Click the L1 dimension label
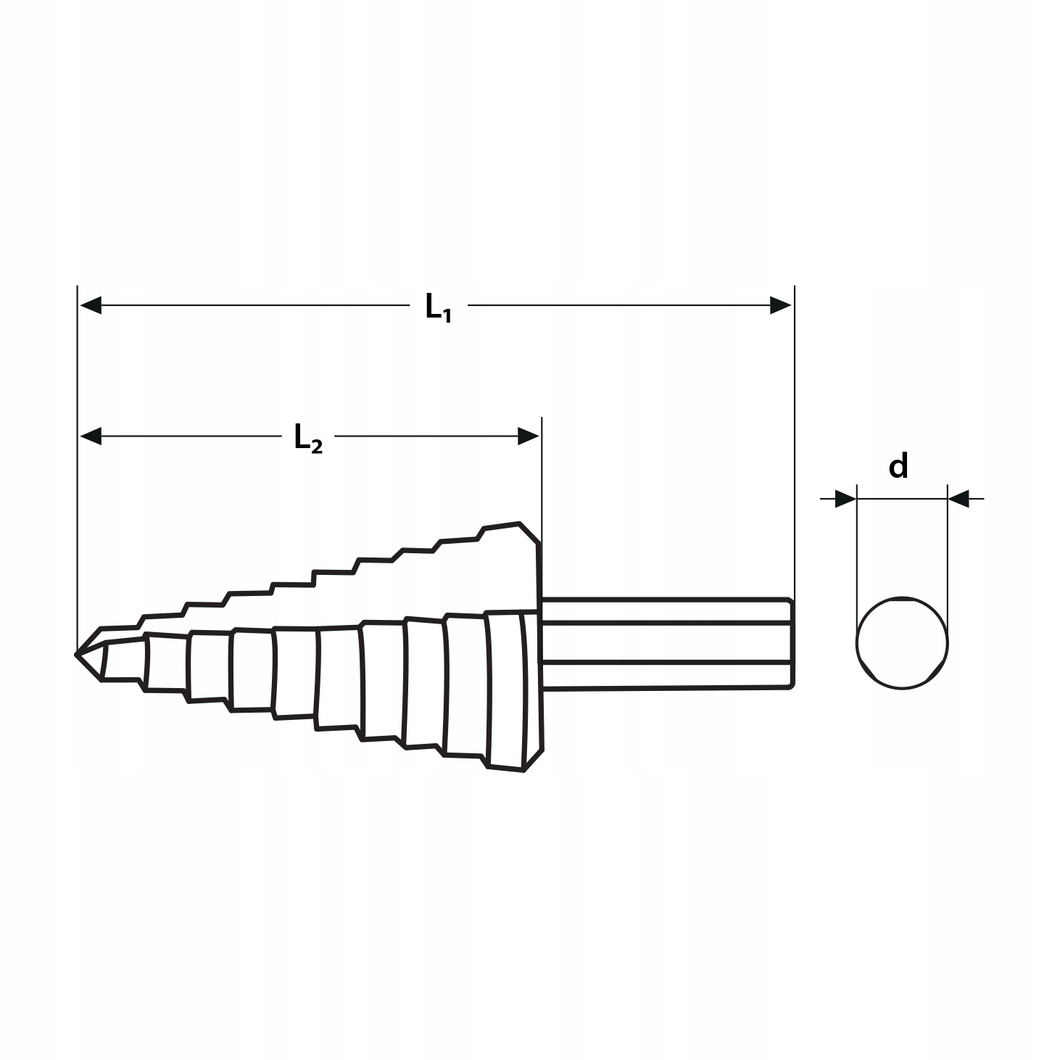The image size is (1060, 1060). point(438,307)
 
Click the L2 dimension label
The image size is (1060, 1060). point(307,438)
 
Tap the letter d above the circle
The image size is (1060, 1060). point(898,466)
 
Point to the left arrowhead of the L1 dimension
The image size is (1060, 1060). point(91,305)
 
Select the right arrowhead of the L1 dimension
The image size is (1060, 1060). point(780,305)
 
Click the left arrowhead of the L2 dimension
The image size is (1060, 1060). point(91,436)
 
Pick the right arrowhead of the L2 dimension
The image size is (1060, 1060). point(528,436)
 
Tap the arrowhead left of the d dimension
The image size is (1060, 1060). point(845,499)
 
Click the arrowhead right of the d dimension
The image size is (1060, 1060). point(958,499)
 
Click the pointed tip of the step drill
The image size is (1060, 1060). point(78,654)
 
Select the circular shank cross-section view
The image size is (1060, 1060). point(902,643)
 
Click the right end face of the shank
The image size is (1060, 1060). point(791,642)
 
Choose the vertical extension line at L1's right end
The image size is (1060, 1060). point(795,435)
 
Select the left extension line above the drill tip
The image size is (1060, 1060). point(77,471)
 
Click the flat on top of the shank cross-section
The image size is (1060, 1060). point(902,598)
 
